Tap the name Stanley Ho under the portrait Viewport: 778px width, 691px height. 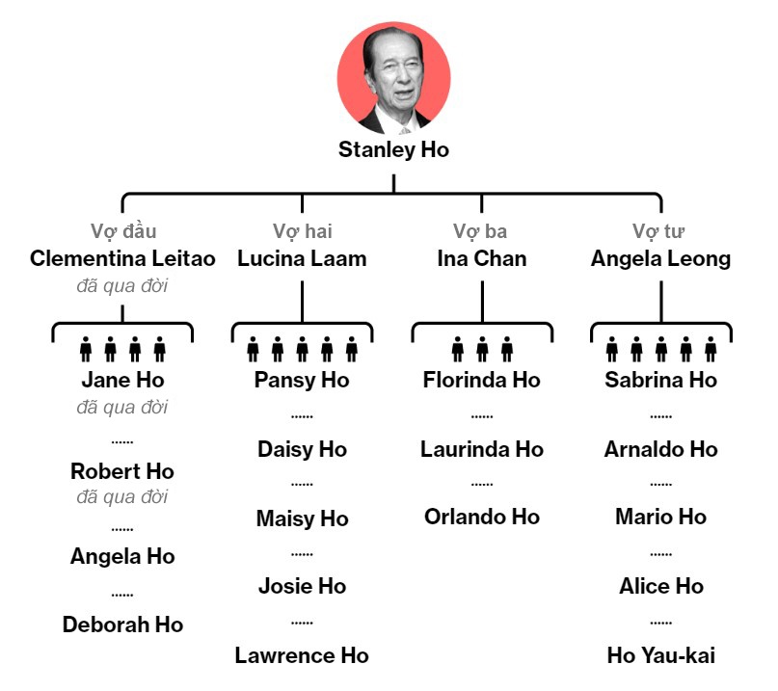(x=393, y=150)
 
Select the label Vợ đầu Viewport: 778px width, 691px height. (x=123, y=231)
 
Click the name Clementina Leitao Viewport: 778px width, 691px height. (x=122, y=258)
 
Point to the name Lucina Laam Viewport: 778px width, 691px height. (x=302, y=258)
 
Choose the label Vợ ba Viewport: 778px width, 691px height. (x=480, y=231)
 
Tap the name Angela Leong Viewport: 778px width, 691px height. (x=660, y=258)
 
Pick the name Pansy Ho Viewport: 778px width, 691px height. (x=302, y=380)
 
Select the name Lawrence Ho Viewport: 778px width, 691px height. (x=302, y=655)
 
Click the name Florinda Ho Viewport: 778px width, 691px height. (x=482, y=380)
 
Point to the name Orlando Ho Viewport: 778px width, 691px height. (x=482, y=517)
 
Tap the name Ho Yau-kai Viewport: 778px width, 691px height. (x=661, y=655)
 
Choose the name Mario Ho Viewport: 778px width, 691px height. (x=661, y=517)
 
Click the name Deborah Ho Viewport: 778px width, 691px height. (x=122, y=625)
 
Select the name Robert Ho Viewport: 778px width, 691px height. (x=122, y=472)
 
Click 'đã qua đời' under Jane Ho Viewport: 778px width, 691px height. (x=122, y=407)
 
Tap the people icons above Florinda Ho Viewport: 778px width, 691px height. (x=482, y=349)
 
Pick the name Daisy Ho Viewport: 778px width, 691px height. (x=302, y=449)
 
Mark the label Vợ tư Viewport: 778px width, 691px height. (x=659, y=231)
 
